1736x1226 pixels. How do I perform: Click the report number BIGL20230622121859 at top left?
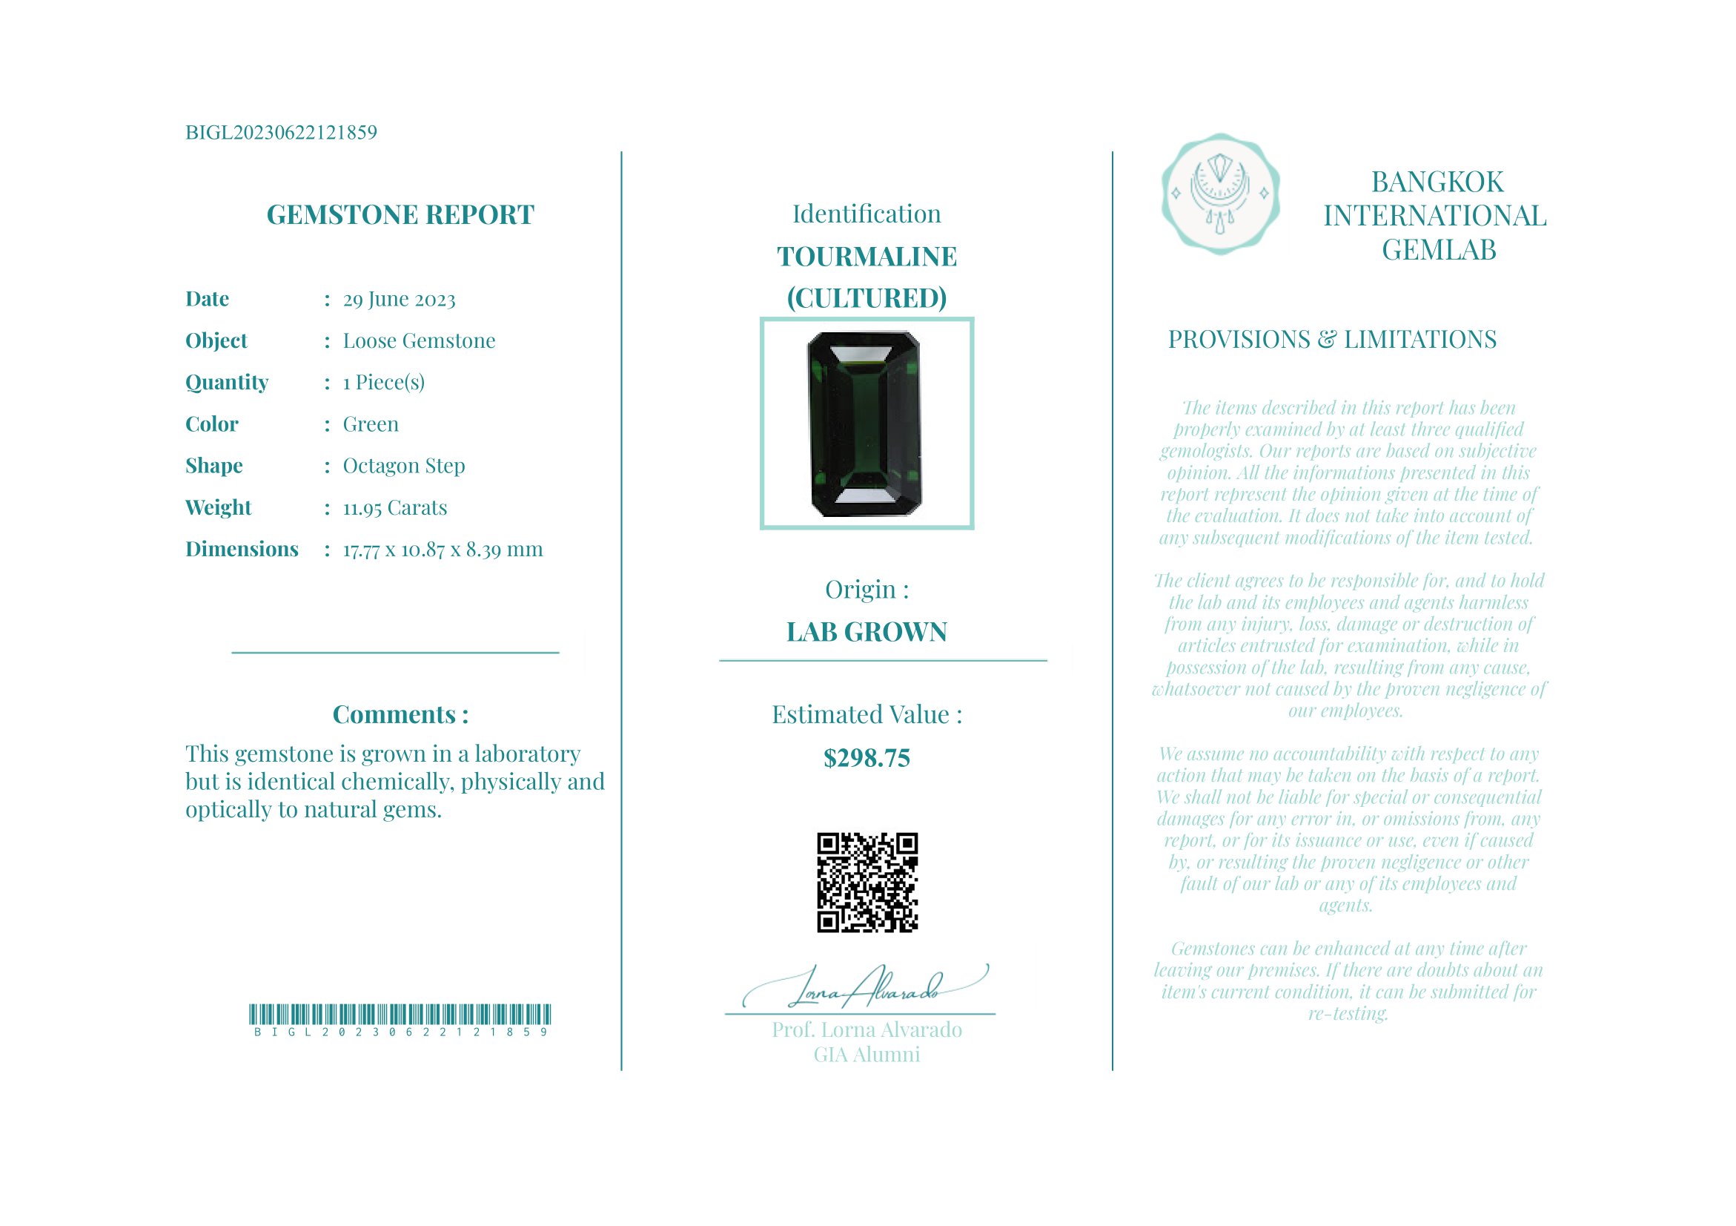(280, 133)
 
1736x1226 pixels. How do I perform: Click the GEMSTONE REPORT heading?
(400, 215)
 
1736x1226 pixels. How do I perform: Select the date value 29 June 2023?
(400, 300)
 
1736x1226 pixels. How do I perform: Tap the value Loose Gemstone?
(419, 341)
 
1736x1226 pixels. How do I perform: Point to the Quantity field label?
(227, 383)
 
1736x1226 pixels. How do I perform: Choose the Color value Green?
(371, 424)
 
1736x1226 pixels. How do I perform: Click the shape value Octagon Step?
(404, 466)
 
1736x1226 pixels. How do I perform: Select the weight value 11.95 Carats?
(394, 507)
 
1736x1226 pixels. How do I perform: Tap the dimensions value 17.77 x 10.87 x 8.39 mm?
(443, 550)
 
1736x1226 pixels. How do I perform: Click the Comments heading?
(400, 715)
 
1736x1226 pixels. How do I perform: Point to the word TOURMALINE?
(867, 257)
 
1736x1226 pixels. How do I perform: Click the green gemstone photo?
(867, 424)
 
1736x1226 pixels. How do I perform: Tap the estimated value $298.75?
(867, 758)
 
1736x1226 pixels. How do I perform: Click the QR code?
(867, 883)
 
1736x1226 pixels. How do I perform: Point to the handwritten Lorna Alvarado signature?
(866, 987)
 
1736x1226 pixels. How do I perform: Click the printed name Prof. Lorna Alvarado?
(867, 1030)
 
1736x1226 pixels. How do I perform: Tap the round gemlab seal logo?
(1219, 194)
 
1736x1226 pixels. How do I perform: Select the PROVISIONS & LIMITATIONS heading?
(1331, 340)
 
